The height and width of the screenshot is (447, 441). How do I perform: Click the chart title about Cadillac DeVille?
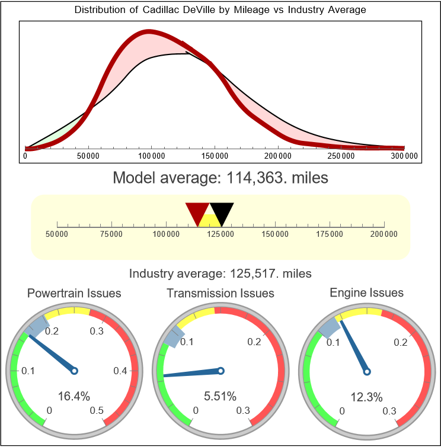220,10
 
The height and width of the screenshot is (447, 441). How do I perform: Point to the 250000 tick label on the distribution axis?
341,156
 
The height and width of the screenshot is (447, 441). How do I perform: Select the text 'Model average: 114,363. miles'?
220,177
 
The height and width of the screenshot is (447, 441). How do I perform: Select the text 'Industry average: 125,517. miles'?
220,274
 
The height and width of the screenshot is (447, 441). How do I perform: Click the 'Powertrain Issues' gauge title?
74,293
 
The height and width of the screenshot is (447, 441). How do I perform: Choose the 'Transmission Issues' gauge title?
220,293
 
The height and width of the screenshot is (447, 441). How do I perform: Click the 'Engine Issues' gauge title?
366,292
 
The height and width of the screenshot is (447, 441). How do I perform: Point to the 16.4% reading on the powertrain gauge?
74,396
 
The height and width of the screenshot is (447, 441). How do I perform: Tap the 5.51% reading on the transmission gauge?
220,396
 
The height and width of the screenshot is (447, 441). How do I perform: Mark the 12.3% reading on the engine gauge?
366,397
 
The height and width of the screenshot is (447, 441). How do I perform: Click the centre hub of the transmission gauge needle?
220,371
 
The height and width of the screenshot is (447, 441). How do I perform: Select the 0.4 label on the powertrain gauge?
121,371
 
